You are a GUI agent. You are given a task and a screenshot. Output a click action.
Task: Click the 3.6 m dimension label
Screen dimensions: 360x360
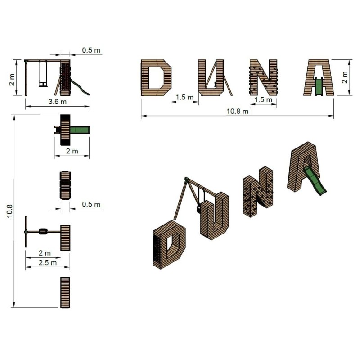[58, 102]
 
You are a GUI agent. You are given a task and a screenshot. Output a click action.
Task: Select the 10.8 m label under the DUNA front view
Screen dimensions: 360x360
[238, 111]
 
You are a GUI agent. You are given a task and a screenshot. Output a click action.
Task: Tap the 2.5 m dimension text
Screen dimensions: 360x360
[48, 263]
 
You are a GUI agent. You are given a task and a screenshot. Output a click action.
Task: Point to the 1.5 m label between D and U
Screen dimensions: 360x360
[184, 97]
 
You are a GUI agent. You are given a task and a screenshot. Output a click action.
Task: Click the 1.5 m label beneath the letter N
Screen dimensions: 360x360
[263, 99]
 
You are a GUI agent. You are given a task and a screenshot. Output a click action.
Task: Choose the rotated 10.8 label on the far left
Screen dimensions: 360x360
[9, 211]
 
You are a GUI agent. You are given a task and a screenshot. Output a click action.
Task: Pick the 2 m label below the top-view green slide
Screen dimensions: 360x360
[72, 151]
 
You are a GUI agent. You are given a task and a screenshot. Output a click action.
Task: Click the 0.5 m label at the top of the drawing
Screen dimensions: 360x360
[91, 50]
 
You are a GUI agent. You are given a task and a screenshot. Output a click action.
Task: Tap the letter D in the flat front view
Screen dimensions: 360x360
[156, 78]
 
